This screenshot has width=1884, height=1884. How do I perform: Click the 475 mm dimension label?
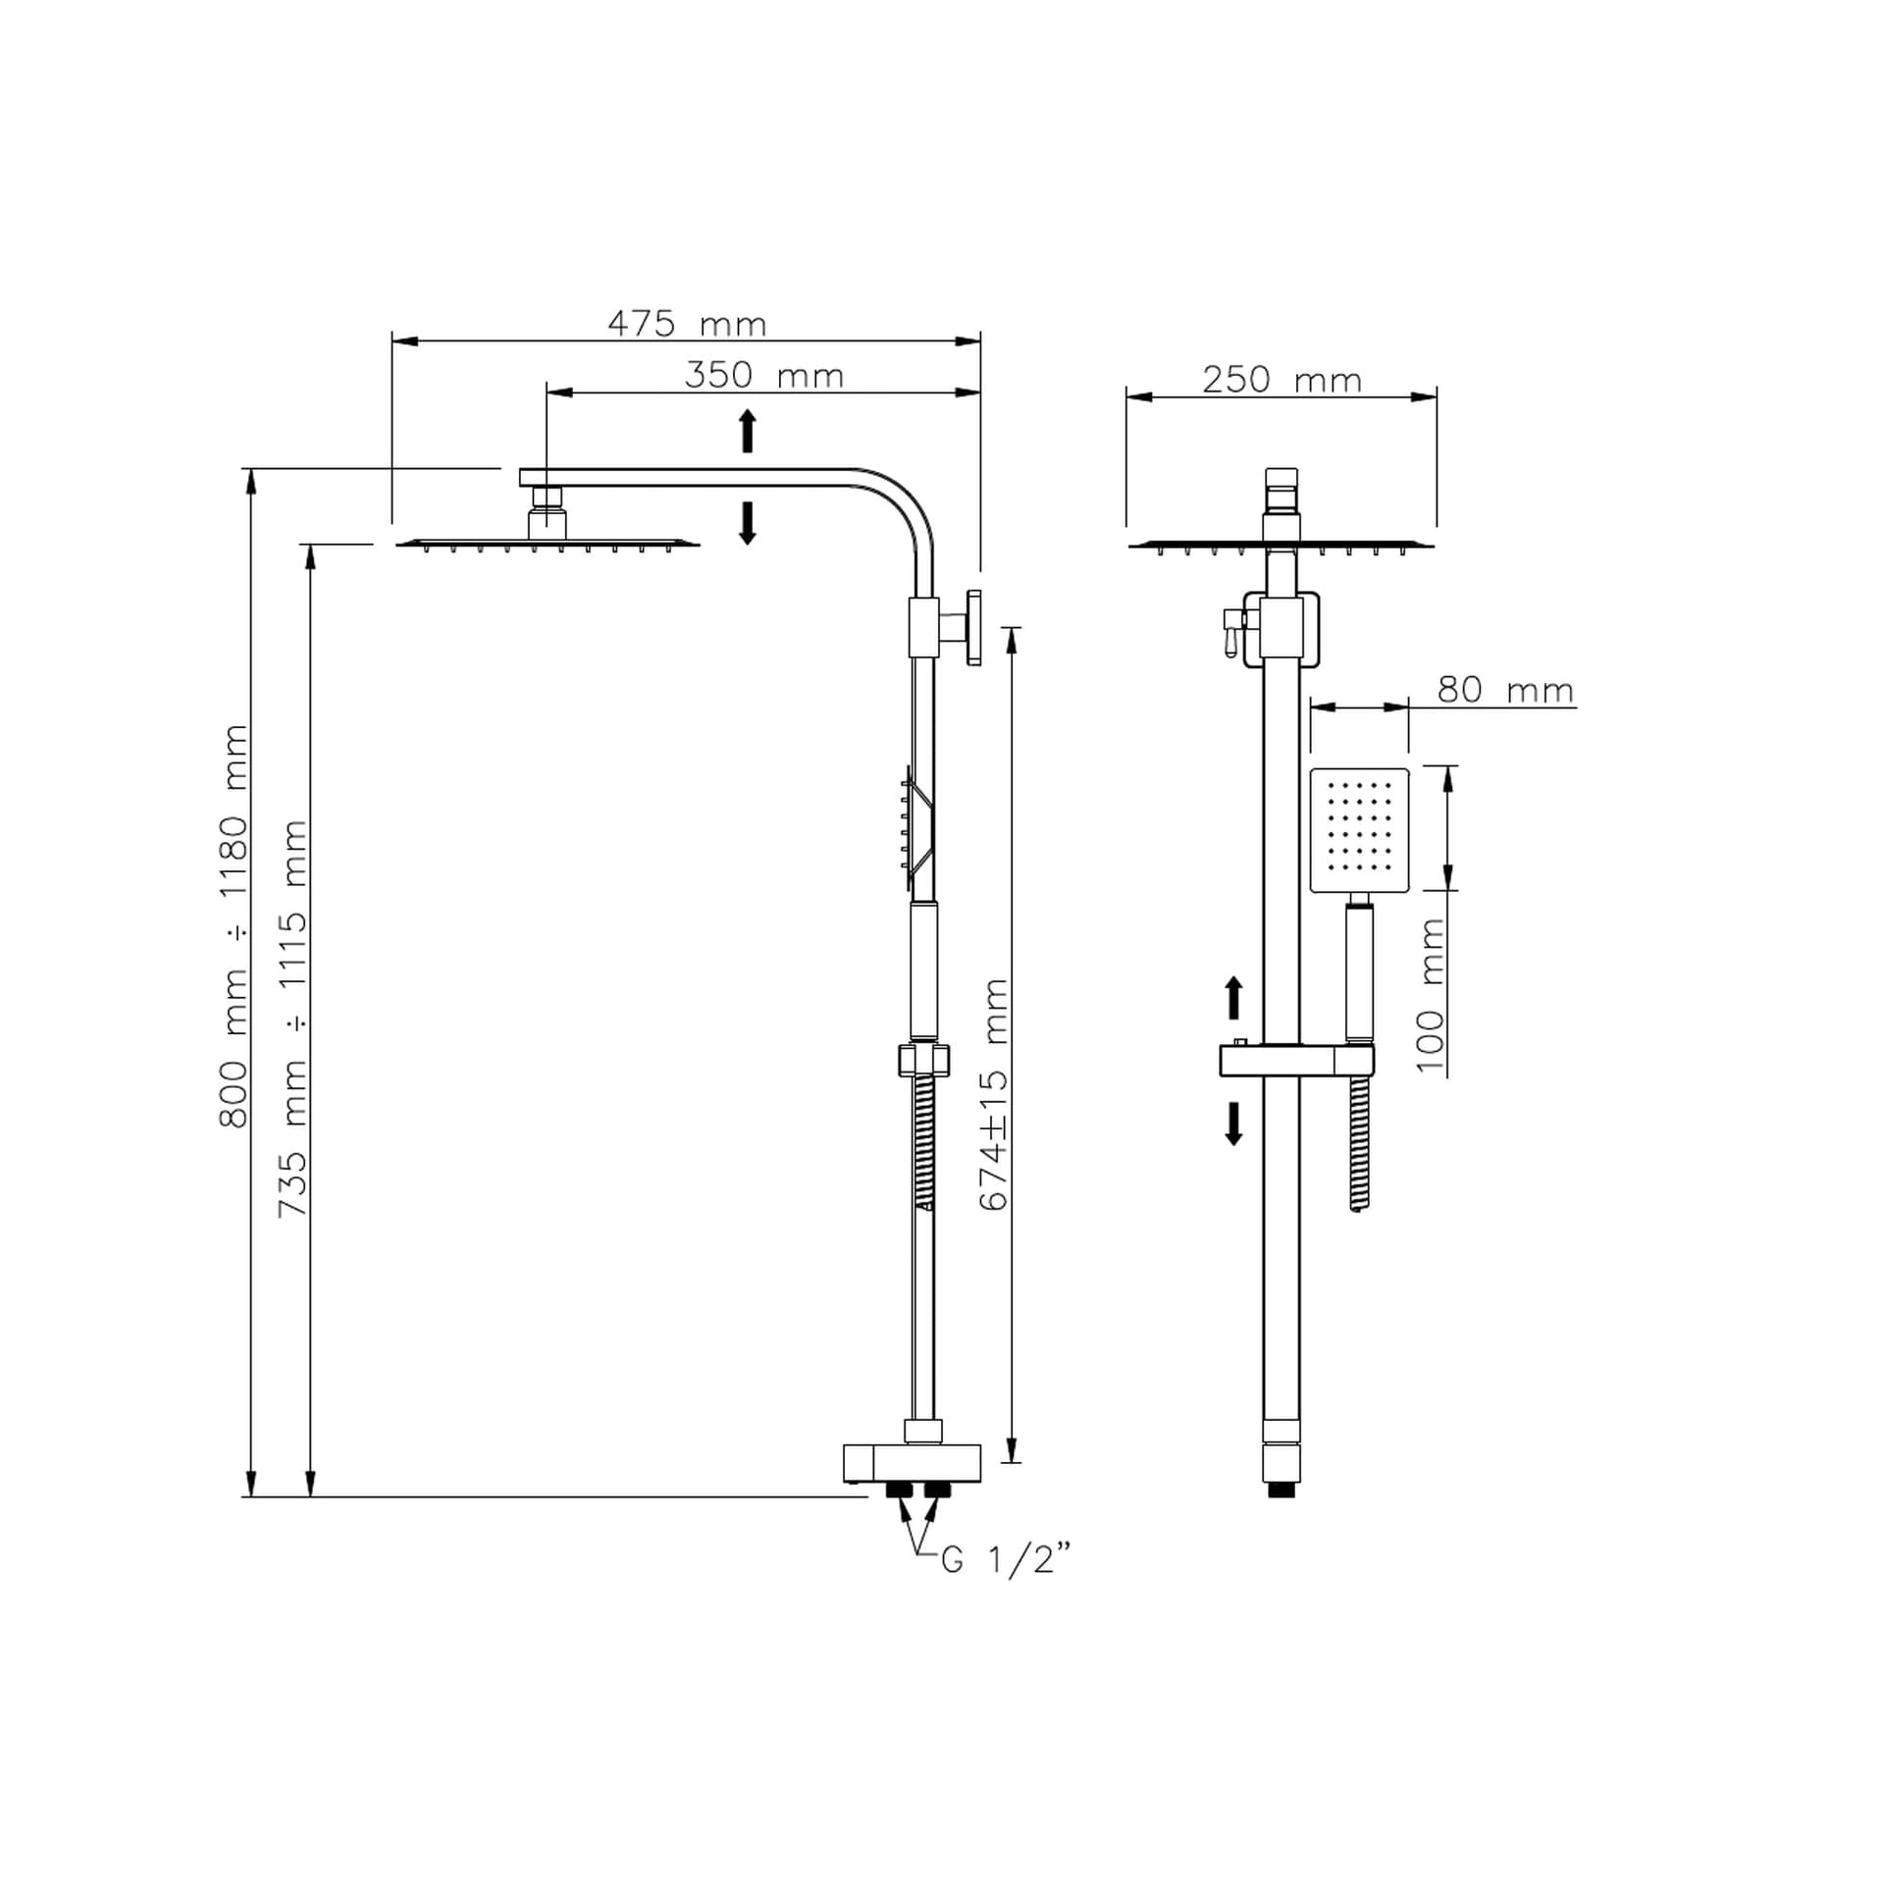pyautogui.click(x=687, y=324)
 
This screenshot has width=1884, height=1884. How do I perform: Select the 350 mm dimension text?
pyautogui.click(x=763, y=376)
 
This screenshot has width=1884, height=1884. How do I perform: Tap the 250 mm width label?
pyautogui.click(x=1282, y=380)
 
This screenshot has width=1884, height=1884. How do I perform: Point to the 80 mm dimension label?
pyautogui.click(x=1505, y=690)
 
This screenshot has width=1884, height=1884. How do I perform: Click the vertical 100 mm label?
pyautogui.click(x=1432, y=996)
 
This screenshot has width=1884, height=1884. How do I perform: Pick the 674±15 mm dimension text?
pyautogui.click(x=994, y=1094)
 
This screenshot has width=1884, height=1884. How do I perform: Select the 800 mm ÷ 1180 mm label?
pyautogui.click(x=233, y=926)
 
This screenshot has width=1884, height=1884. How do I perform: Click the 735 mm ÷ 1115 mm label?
pyautogui.click(x=292, y=1019)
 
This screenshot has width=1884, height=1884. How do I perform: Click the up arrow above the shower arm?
pyautogui.click(x=748, y=431)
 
